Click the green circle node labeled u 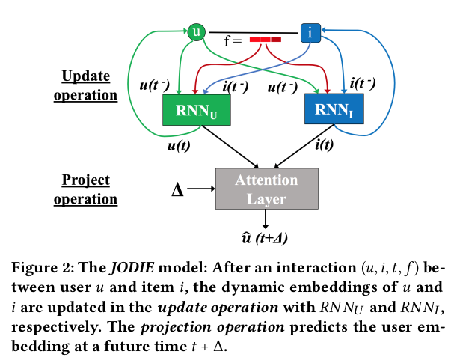point(197,31)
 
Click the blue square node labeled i point(310,31)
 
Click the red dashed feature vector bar point(265,39)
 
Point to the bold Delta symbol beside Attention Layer point(178,190)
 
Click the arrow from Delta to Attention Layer point(200,189)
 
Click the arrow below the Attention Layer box point(267,218)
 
